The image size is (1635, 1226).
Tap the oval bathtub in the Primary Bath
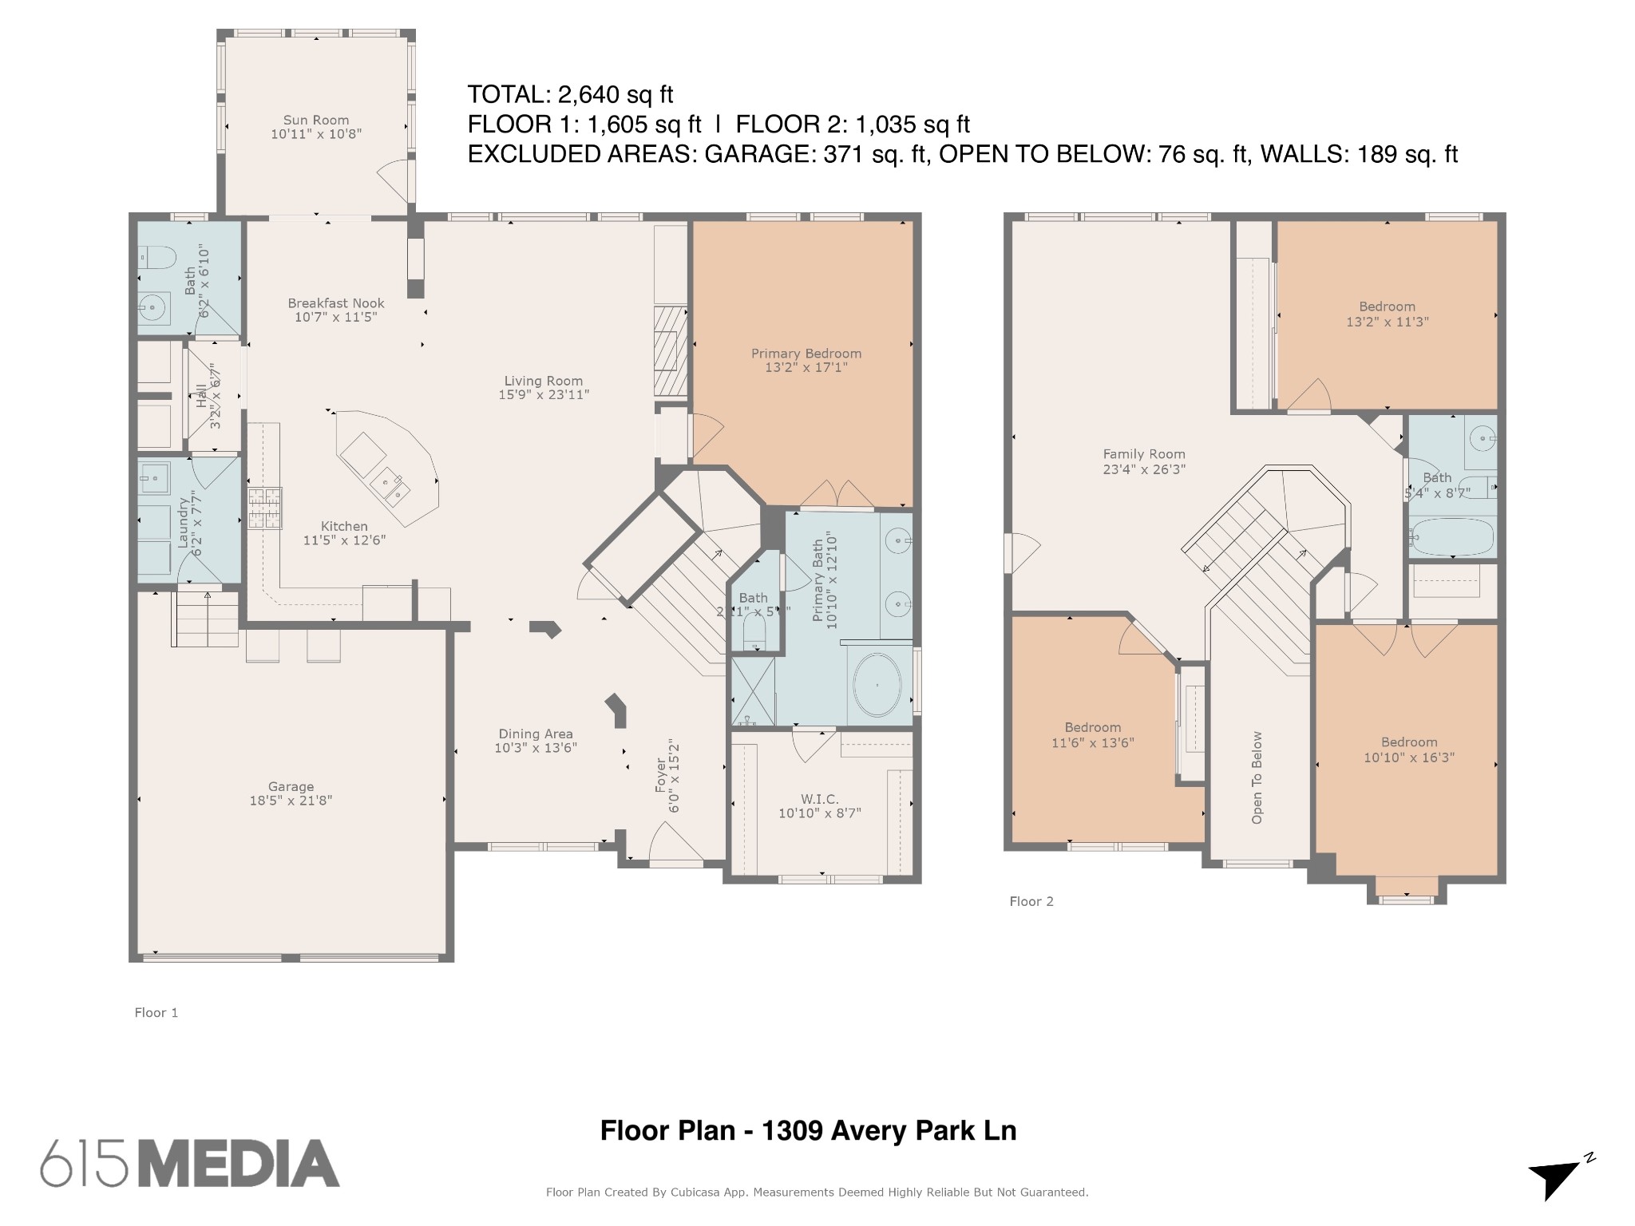(877, 685)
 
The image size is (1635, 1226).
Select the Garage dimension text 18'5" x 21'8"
(291, 801)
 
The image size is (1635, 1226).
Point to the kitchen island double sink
(390, 486)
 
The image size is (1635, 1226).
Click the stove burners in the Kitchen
(264, 508)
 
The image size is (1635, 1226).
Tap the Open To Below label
(1257, 777)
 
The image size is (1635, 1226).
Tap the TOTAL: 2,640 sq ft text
(570, 95)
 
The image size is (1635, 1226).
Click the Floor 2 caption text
(1031, 901)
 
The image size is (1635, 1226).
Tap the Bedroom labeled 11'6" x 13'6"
(1092, 734)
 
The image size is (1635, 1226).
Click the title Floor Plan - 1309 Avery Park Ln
(808, 1130)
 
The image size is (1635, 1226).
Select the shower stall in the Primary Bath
(753, 690)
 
